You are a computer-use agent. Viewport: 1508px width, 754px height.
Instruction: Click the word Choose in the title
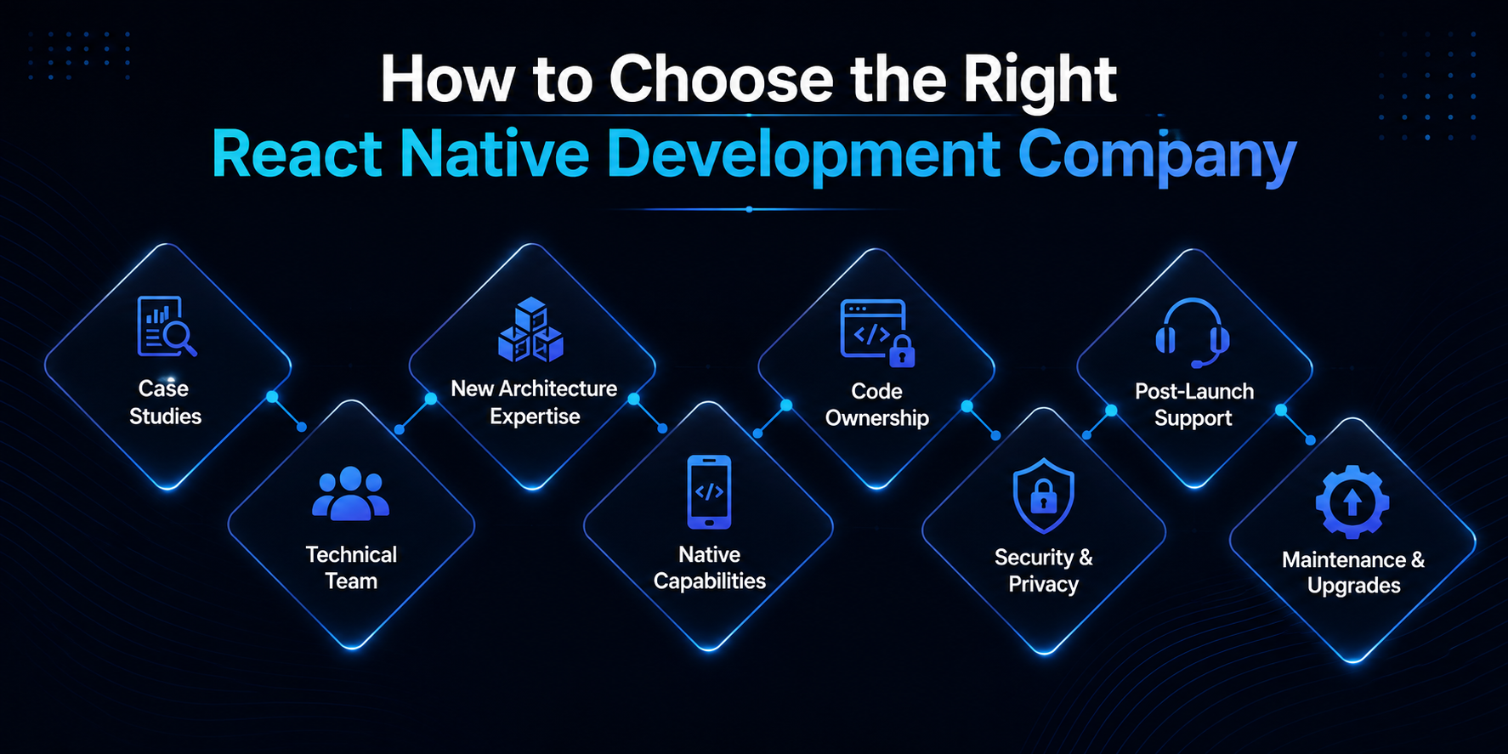[722, 79]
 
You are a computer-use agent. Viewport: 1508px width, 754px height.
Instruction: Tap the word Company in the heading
[1157, 156]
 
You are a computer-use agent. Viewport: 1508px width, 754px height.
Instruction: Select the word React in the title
[297, 154]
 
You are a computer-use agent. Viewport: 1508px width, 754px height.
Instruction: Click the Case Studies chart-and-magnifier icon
[167, 326]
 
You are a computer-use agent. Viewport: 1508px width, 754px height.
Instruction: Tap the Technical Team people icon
[350, 493]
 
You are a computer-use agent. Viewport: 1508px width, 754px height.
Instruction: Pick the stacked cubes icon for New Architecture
[530, 330]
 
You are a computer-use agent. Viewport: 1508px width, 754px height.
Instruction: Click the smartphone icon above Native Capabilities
[709, 491]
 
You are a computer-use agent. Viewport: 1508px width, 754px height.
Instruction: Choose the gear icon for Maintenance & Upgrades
[1352, 502]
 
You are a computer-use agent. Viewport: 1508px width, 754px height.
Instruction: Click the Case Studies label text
[165, 402]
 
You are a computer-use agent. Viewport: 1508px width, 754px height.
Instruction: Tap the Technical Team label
[351, 568]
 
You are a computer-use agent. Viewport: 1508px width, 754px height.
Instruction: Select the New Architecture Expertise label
[534, 402]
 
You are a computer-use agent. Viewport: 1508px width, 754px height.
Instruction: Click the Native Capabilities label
[709, 568]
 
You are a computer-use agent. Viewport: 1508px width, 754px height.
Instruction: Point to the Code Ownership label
[877, 405]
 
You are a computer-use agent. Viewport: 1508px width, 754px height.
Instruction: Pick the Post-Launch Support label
[1194, 405]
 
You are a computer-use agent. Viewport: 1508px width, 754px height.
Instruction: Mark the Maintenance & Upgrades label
[1353, 572]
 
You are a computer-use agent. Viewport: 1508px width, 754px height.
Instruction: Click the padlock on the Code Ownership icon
[902, 351]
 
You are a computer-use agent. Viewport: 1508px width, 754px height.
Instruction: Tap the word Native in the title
[494, 154]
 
